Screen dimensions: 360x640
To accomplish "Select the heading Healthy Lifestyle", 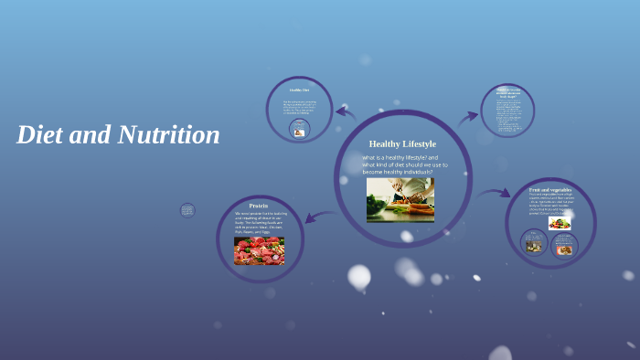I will (x=402, y=143).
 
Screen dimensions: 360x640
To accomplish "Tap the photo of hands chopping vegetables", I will (x=400, y=199).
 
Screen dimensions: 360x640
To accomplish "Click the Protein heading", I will (x=258, y=206).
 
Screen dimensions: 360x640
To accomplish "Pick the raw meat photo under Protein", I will (x=259, y=250).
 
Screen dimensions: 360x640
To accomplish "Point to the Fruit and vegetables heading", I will (x=550, y=189).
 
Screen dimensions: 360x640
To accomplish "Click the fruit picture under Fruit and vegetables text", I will (x=560, y=222).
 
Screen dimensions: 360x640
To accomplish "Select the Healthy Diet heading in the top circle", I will (x=299, y=90).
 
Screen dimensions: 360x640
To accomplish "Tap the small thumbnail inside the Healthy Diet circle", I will (x=298, y=131).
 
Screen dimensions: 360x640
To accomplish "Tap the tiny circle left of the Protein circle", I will (x=187, y=210).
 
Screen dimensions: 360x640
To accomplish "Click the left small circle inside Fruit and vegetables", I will (x=534, y=242).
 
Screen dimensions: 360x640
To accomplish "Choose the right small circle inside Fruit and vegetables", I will (x=563, y=245).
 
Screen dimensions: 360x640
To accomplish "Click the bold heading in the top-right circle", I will (x=507, y=92).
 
